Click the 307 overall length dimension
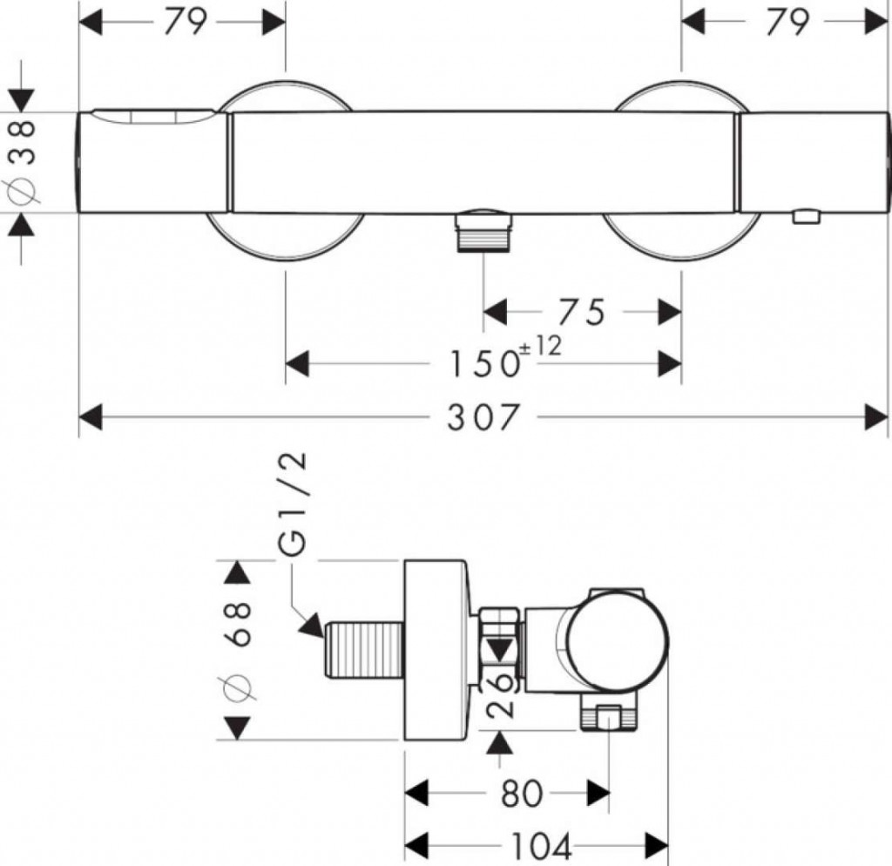[483, 418]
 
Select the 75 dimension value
[582, 312]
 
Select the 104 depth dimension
[541, 844]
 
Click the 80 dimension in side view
[522, 794]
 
